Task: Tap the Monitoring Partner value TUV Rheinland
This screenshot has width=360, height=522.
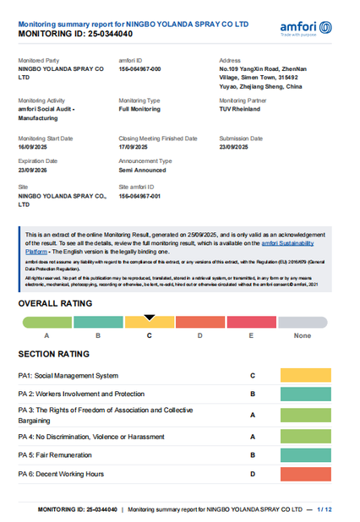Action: (x=240, y=108)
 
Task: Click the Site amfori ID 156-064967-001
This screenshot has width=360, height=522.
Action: (x=139, y=196)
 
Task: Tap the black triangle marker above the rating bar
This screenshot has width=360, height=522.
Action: (x=150, y=318)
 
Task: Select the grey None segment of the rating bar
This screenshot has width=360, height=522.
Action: (x=303, y=323)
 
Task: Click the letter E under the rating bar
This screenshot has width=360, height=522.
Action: (x=251, y=336)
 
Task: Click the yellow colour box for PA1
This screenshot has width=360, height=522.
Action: (x=305, y=375)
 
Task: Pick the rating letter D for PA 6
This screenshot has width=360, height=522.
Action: (x=253, y=474)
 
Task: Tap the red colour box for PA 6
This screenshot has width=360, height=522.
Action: (x=305, y=474)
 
